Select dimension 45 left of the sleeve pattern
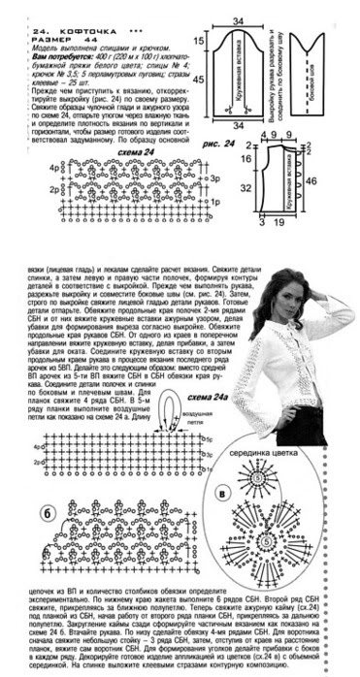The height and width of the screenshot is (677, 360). (199, 80)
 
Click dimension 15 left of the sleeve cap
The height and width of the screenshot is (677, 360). (199, 40)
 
